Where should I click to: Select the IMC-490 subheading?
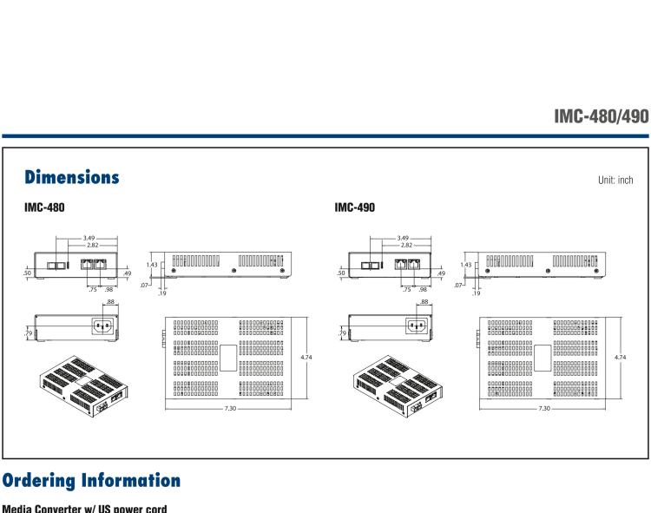354,209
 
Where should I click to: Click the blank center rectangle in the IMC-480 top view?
229,357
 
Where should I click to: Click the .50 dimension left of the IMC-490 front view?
341,272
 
